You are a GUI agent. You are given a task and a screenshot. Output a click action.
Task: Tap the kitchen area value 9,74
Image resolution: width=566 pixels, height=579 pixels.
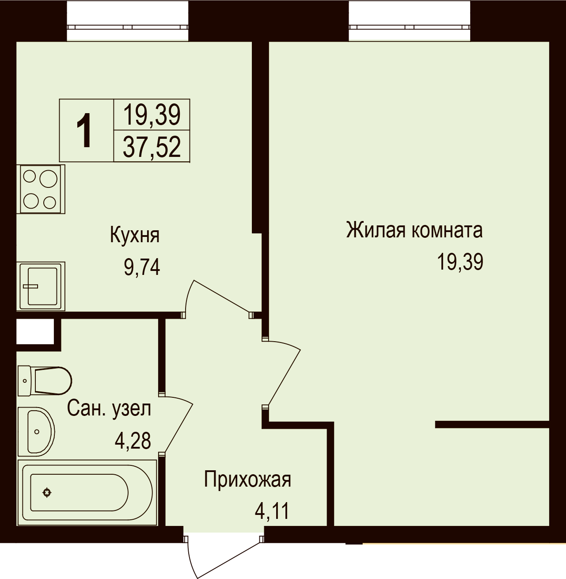(142, 267)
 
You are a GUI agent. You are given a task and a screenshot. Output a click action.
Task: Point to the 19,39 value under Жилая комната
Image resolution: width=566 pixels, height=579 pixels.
(460, 262)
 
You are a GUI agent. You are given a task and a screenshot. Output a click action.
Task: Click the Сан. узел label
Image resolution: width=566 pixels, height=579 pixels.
(109, 408)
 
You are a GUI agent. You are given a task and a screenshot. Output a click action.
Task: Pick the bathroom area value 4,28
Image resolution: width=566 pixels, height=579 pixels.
(133, 441)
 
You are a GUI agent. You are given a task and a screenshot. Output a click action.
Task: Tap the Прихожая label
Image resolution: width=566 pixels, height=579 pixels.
(247, 480)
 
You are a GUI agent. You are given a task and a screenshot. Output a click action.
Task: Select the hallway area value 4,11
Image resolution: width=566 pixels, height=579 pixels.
(272, 511)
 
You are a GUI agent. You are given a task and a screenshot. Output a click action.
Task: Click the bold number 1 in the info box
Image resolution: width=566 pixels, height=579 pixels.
(84, 130)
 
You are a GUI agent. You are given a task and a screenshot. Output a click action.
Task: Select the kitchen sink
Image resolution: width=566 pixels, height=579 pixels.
(41, 286)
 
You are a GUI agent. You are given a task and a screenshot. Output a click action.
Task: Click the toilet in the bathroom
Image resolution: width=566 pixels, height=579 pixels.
(45, 381)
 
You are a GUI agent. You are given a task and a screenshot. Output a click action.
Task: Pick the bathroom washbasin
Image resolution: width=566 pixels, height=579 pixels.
(36, 431)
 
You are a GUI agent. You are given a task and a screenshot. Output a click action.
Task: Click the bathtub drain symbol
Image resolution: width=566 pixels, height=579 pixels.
(47, 492)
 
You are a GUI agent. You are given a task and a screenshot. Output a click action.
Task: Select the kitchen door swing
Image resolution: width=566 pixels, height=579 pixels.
(218, 299)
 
